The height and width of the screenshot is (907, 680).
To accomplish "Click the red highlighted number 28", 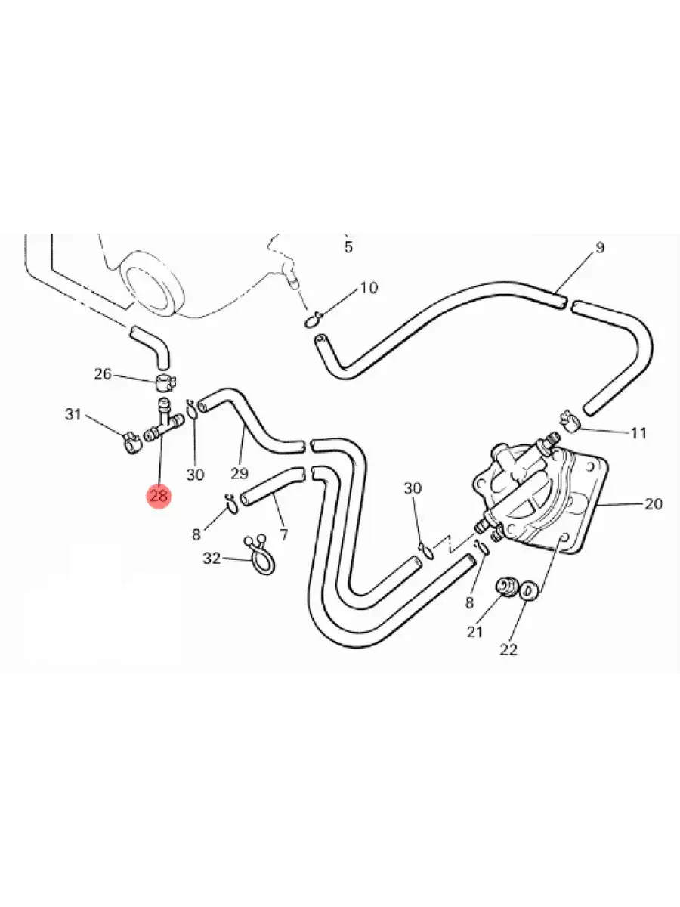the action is (159, 495).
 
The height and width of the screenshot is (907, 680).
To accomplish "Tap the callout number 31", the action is (73, 414).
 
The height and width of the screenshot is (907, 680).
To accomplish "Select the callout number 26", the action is (103, 374).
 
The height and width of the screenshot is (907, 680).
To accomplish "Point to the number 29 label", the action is (240, 473).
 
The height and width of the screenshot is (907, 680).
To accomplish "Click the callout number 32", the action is (212, 559).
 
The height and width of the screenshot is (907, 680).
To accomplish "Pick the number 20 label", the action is (653, 503).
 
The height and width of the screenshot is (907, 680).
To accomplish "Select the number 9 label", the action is (600, 247).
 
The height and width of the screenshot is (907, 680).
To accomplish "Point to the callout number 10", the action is (369, 288).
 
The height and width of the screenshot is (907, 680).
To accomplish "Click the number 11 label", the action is (638, 433).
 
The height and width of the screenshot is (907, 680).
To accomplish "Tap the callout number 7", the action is (283, 535).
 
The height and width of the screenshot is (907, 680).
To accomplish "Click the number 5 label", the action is (348, 247).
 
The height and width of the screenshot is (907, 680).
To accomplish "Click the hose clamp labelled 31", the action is (131, 443).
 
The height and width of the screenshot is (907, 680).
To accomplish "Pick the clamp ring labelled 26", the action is (166, 382).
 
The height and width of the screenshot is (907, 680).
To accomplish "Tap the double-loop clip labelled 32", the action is (260, 554).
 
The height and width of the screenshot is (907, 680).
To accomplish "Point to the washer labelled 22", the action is (529, 591).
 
